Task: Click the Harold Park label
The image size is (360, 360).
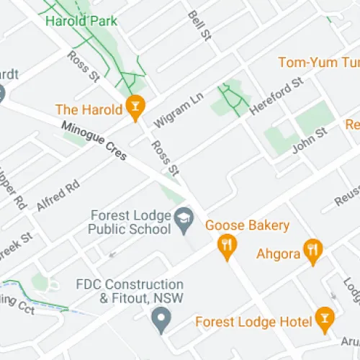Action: [x=81, y=21]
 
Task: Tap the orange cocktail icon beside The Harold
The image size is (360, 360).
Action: [x=133, y=109]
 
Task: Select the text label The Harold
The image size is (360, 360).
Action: [x=89, y=109]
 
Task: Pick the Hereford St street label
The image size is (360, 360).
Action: [x=276, y=97]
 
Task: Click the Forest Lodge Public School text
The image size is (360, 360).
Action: [x=130, y=222]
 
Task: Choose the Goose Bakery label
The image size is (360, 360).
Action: [x=247, y=225]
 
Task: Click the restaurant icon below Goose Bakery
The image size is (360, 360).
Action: [x=228, y=246]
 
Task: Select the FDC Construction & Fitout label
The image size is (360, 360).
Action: [x=131, y=291]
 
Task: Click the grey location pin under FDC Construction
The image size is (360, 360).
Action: [x=162, y=317]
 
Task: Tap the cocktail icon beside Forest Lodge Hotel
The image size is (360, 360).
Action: [x=325, y=318]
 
